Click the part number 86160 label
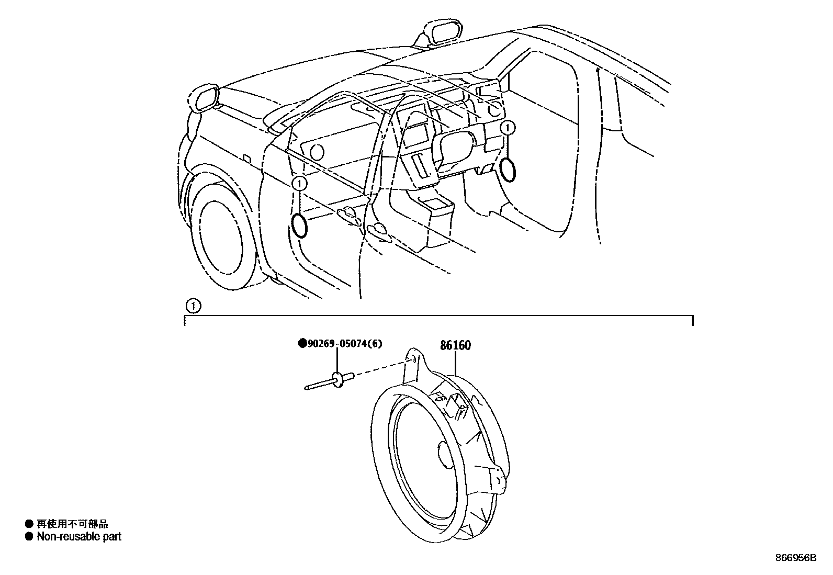pos(455,345)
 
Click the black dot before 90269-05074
pos(302,344)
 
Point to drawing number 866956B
pos(795,558)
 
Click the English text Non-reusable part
pos(79,536)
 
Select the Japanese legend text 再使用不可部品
pos(72,524)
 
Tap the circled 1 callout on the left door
pos(299,183)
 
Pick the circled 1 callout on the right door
pos(508,128)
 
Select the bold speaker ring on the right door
pos(507,168)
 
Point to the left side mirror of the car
pos(205,98)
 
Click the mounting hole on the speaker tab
pos(413,359)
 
